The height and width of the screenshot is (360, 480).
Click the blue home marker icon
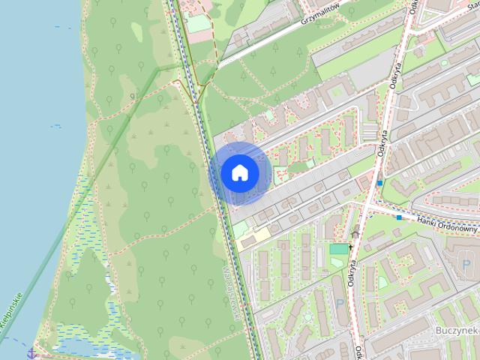pos(239,172)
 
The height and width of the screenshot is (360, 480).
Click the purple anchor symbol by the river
pos(31,352)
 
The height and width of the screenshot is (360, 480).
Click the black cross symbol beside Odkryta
pos(350,247)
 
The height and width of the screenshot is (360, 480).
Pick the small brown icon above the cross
pos(355,234)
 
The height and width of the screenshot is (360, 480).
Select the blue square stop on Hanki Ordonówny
pos(400,217)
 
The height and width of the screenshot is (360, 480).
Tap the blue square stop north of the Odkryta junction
pos(380,182)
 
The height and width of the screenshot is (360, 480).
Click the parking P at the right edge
pos(468,265)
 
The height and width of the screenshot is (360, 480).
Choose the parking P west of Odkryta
pos(340,304)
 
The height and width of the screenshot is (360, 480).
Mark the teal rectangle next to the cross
pos(339,248)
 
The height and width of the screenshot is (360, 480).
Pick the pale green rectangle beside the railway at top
pos(199,24)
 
